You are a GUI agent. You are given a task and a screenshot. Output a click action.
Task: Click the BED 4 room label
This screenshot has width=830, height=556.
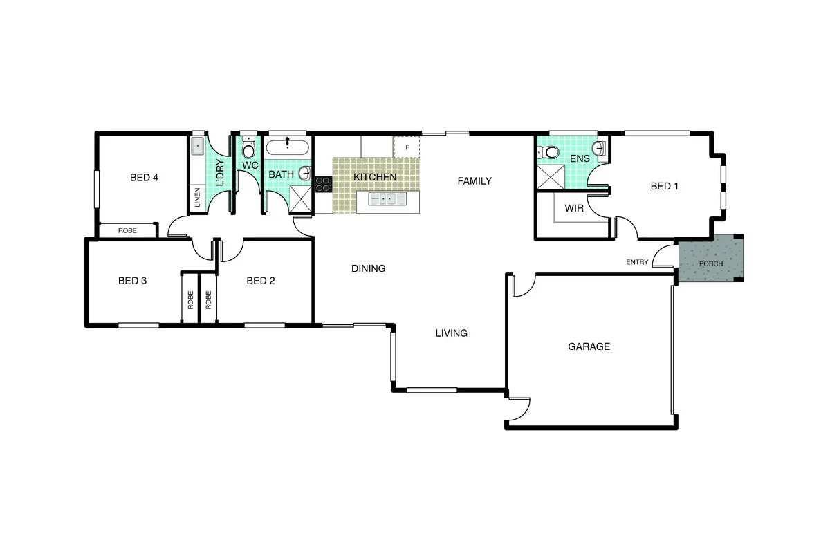[144, 178]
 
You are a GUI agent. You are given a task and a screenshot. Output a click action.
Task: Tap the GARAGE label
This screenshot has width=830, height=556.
[589, 346]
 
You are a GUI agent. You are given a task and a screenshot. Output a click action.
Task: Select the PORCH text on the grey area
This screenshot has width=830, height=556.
[711, 264]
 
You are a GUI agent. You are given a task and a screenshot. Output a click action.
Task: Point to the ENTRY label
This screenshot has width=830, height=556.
[637, 262]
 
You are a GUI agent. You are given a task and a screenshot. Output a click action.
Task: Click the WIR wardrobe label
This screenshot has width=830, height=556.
[574, 208]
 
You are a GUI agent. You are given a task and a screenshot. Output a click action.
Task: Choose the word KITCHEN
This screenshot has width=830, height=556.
[375, 177]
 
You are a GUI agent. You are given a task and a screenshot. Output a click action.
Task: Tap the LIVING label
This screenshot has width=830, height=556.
[451, 333]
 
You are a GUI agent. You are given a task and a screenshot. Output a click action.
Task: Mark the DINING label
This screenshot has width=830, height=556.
[368, 268]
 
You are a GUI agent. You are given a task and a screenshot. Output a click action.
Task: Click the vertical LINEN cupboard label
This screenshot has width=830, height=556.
[197, 198]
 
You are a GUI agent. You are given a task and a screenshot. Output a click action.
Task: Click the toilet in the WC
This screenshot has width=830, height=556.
[248, 149]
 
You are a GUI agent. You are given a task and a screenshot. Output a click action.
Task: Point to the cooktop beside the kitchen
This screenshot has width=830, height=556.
[324, 184]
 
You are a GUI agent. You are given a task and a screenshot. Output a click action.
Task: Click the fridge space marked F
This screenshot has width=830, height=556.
[407, 147]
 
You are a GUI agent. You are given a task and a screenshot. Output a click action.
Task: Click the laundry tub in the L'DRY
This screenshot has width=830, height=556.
[197, 147]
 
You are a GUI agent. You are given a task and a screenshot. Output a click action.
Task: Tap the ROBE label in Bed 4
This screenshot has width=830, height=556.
[127, 231]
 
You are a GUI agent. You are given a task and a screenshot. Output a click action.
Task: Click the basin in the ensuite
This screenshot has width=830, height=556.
[600, 147]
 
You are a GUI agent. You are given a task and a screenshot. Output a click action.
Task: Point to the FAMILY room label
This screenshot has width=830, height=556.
[474, 181]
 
